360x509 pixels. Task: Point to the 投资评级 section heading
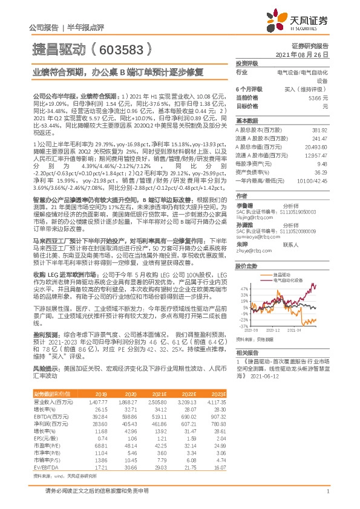click(247, 63)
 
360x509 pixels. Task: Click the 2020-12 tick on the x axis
click(269, 331)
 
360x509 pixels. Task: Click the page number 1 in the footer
click(327, 491)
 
